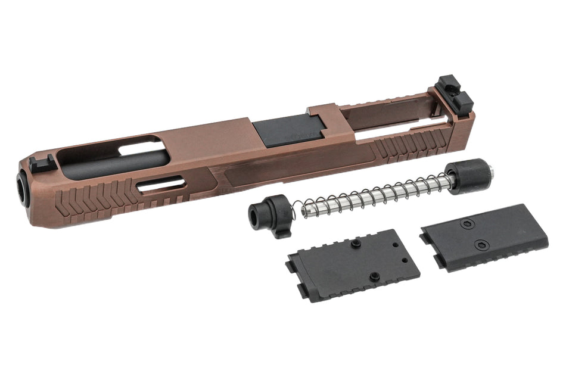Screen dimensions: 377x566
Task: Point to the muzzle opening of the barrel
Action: pos(23,189)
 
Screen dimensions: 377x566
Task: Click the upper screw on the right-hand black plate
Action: pos(466,224)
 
